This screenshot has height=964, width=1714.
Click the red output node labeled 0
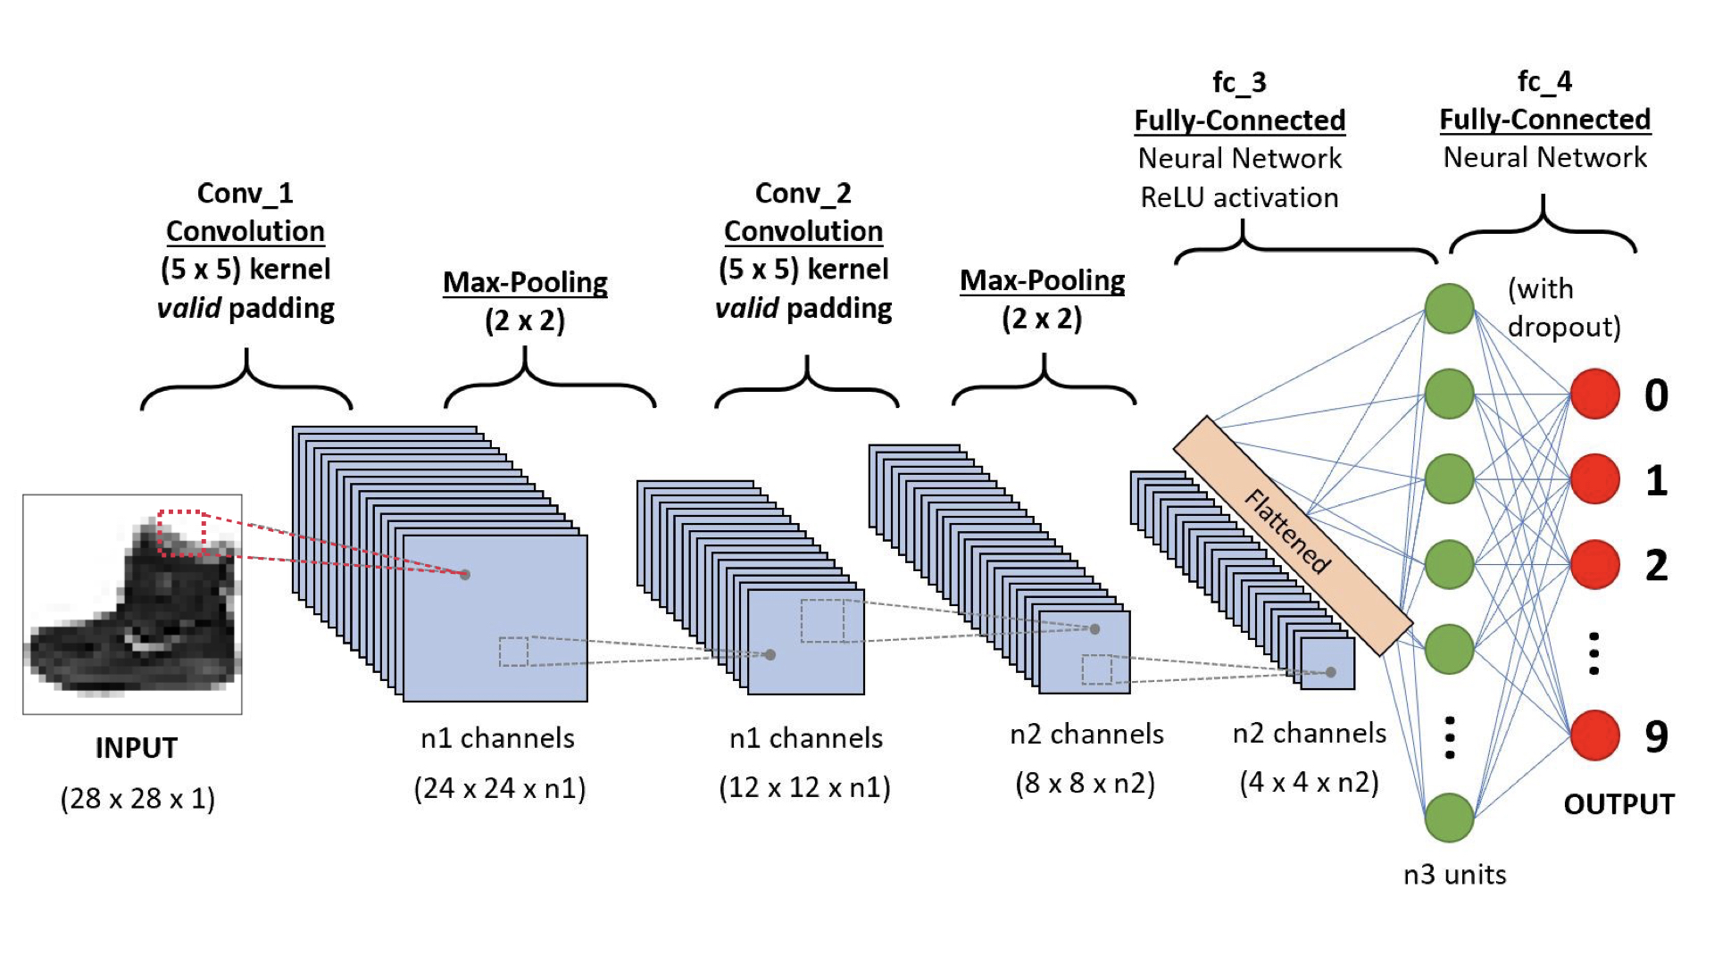[1595, 394]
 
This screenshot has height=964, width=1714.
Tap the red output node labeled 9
[1595, 735]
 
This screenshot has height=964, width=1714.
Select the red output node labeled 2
[1595, 564]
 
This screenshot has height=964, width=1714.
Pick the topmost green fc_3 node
[1449, 308]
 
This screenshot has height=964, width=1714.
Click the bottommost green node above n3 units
[1449, 817]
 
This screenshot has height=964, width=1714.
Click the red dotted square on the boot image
[182, 533]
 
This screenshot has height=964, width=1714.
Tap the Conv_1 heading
[245, 193]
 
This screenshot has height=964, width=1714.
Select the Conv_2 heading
[803, 193]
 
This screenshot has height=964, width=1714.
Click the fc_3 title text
[1239, 82]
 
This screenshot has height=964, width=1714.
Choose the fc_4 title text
[1544, 81]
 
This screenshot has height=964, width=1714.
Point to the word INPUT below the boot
[137, 747]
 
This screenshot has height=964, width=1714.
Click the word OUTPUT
[1618, 804]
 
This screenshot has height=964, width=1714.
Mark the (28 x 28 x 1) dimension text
[137, 798]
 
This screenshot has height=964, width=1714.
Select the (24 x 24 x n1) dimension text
[499, 788]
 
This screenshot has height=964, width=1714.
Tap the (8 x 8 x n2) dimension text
[1085, 783]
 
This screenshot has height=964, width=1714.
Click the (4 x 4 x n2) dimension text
[1309, 782]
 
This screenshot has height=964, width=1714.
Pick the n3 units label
[1454, 874]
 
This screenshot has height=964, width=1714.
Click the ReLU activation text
[1239, 197]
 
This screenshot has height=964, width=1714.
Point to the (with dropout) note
[1562, 308]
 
